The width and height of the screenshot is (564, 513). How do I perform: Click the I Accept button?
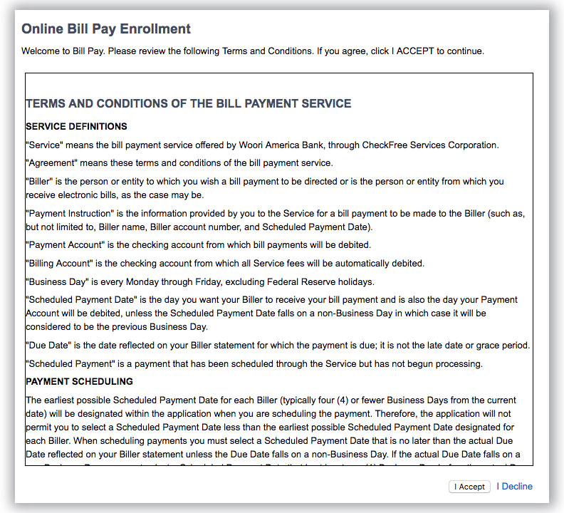471,487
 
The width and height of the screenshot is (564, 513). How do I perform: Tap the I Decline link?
515,487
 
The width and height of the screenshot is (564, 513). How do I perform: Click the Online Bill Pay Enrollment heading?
106,29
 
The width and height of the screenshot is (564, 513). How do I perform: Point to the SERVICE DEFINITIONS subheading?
76,127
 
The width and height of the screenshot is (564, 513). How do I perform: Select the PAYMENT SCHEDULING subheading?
79,382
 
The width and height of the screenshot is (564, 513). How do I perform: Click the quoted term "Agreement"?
51,163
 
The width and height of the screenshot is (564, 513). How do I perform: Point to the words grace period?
502,346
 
